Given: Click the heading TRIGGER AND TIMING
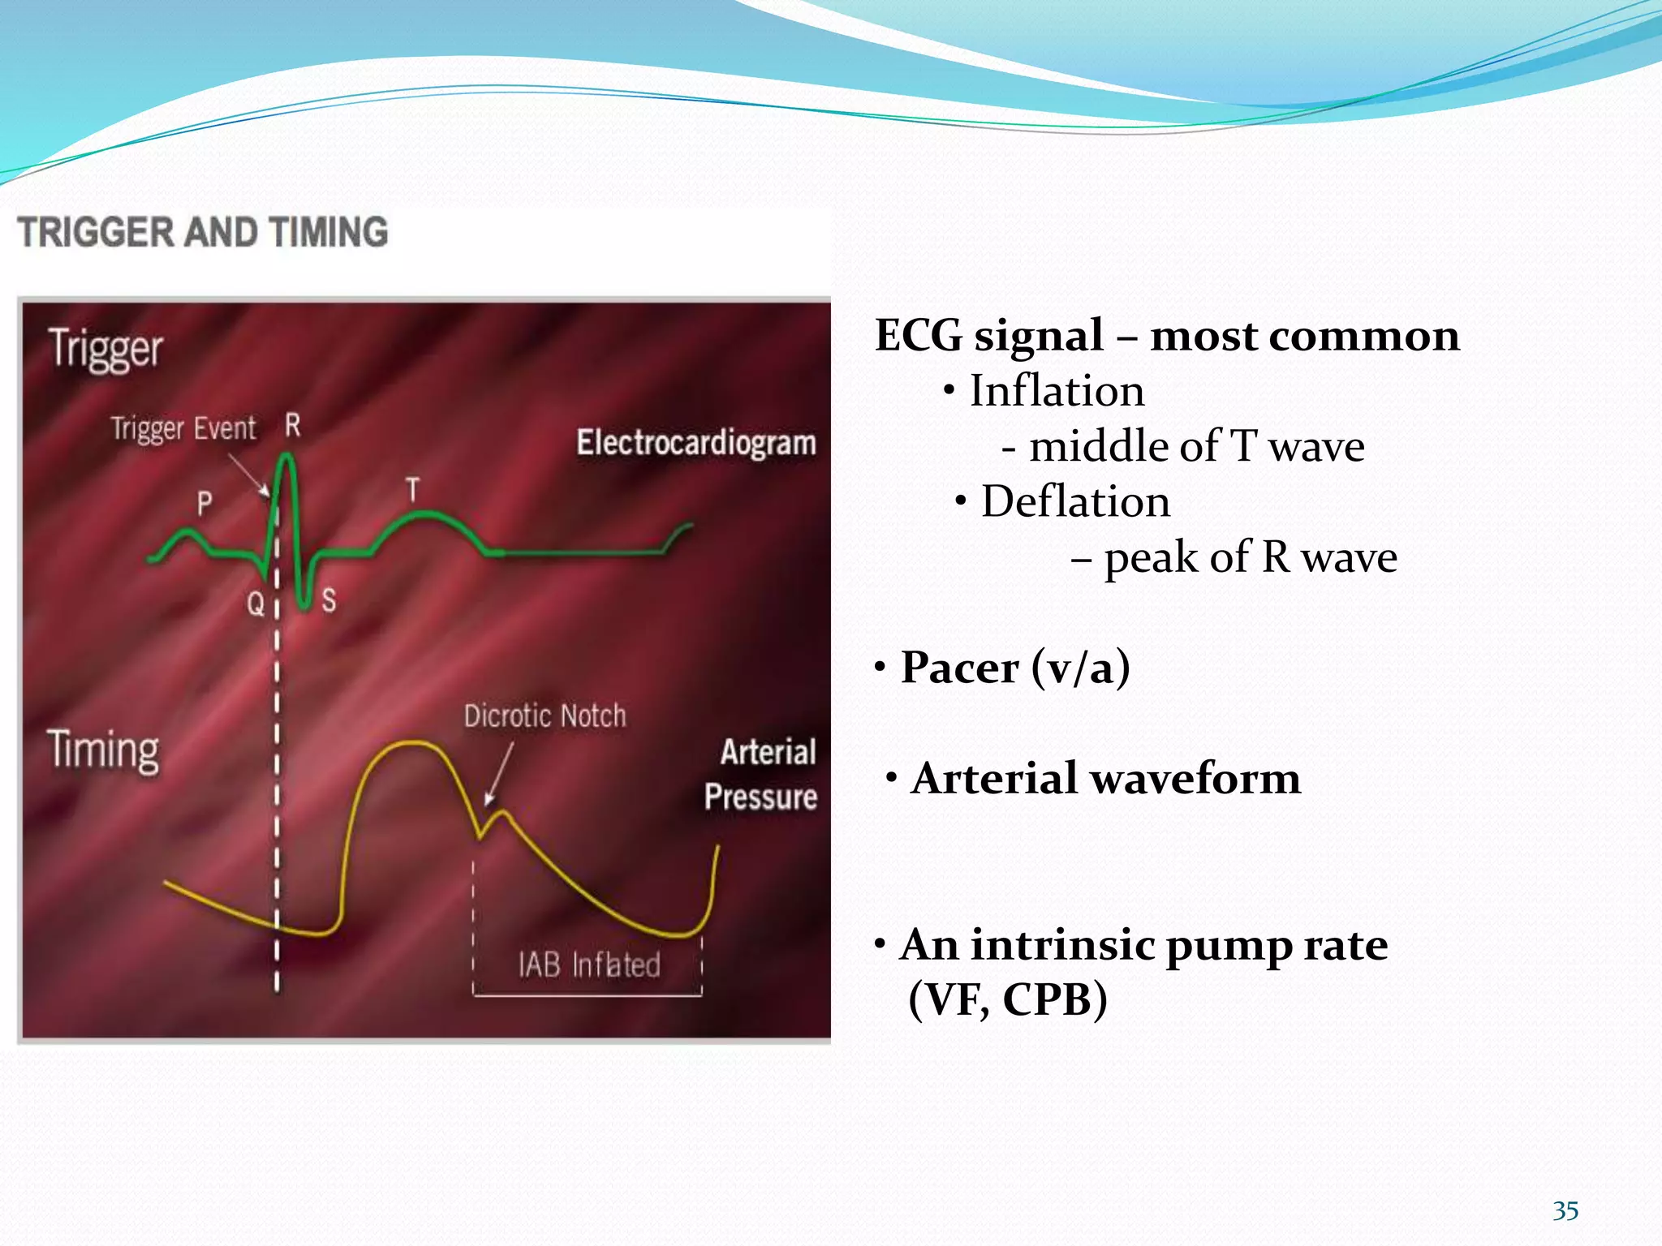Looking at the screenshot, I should tap(203, 232).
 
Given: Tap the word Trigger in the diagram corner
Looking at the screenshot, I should tap(105, 350).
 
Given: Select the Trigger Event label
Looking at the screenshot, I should tap(183, 428).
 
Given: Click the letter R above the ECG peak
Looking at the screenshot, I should tap(293, 425).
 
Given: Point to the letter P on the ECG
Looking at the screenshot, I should tap(205, 505).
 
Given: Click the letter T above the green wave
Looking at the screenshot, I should tap(413, 491).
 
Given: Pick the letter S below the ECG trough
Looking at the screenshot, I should tap(329, 601).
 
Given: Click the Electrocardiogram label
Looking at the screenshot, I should tap(695, 444).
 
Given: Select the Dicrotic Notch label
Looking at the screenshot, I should tap(545, 716).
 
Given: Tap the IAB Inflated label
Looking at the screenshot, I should tap(589, 965).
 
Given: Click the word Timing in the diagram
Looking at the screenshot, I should tap(103, 750).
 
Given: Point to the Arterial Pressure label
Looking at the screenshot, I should tap(761, 775).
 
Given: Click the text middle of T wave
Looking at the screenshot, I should tap(1196, 447).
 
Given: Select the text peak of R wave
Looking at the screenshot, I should tap(1250, 558).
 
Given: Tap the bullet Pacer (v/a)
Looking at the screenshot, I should tap(1014, 668).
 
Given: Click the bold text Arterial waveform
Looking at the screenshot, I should tap(1105, 779).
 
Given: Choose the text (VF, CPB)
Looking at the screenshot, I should tap(1007, 999).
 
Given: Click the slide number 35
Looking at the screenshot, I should tap(1565, 1211).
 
